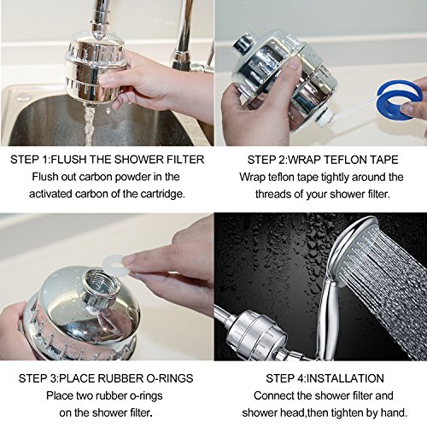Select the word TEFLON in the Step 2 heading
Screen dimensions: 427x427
pos(345,160)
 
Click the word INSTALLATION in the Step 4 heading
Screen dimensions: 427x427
pos(346,378)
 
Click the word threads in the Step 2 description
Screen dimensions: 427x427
pos(273,194)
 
